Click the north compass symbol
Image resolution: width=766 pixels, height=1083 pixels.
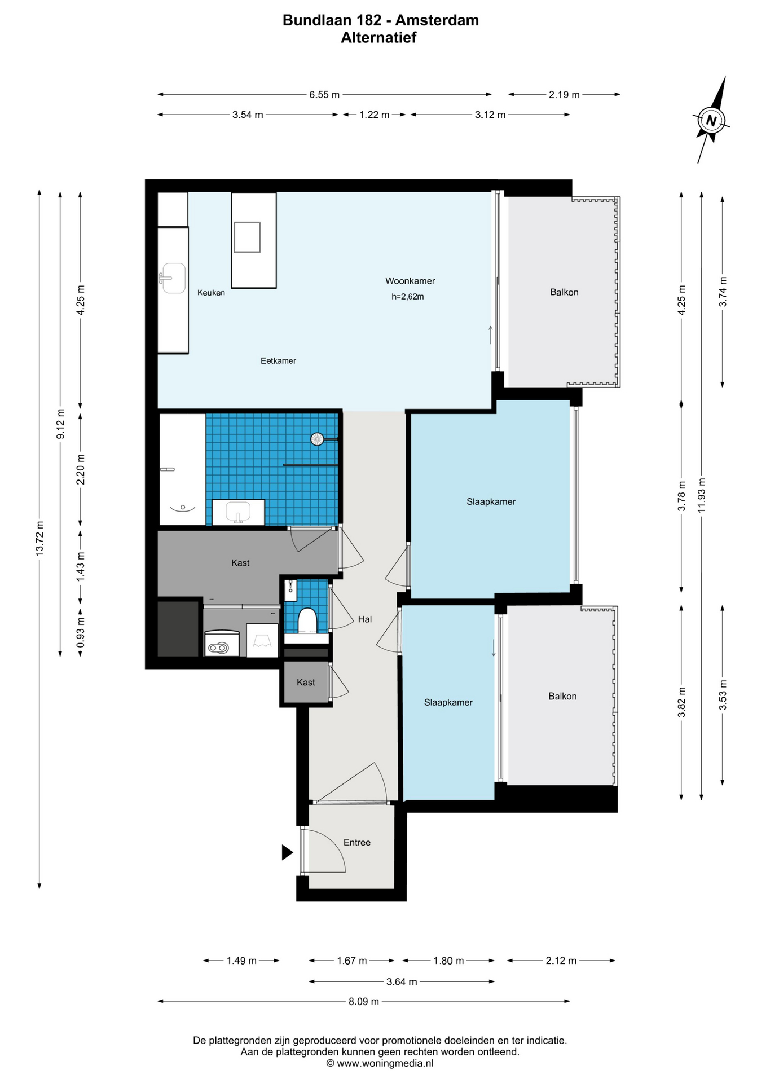pyautogui.click(x=711, y=120)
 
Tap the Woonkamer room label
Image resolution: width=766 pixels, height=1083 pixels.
pyautogui.click(x=410, y=281)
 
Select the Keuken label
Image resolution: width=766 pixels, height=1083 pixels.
pyautogui.click(x=211, y=293)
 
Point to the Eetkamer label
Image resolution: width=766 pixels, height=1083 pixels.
pyautogui.click(x=278, y=361)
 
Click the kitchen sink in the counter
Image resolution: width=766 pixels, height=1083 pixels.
pyautogui.click(x=174, y=278)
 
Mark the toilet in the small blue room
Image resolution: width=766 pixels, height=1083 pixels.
pyautogui.click(x=308, y=620)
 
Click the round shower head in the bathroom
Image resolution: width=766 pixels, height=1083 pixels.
pyautogui.click(x=318, y=438)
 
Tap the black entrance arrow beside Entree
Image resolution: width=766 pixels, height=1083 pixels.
pyautogui.click(x=287, y=852)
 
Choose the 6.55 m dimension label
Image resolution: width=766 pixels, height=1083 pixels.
pyautogui.click(x=324, y=95)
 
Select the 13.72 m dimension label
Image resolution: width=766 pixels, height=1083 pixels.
pyautogui.click(x=39, y=539)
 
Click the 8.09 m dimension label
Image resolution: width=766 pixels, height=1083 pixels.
pyautogui.click(x=364, y=1002)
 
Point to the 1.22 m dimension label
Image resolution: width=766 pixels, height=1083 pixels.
pyautogui.click(x=374, y=115)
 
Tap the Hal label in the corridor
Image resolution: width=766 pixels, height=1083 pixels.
pyautogui.click(x=365, y=619)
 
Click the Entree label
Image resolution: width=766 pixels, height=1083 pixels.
pyautogui.click(x=357, y=843)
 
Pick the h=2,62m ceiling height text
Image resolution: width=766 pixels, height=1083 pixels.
pyautogui.click(x=408, y=297)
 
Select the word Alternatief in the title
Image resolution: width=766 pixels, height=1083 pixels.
pyautogui.click(x=379, y=38)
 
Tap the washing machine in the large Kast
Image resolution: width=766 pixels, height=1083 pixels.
pyautogui.click(x=222, y=644)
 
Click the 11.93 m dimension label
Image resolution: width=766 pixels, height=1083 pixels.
pyautogui.click(x=702, y=495)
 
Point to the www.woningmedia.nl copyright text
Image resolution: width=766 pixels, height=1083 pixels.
pyautogui.click(x=380, y=1063)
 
